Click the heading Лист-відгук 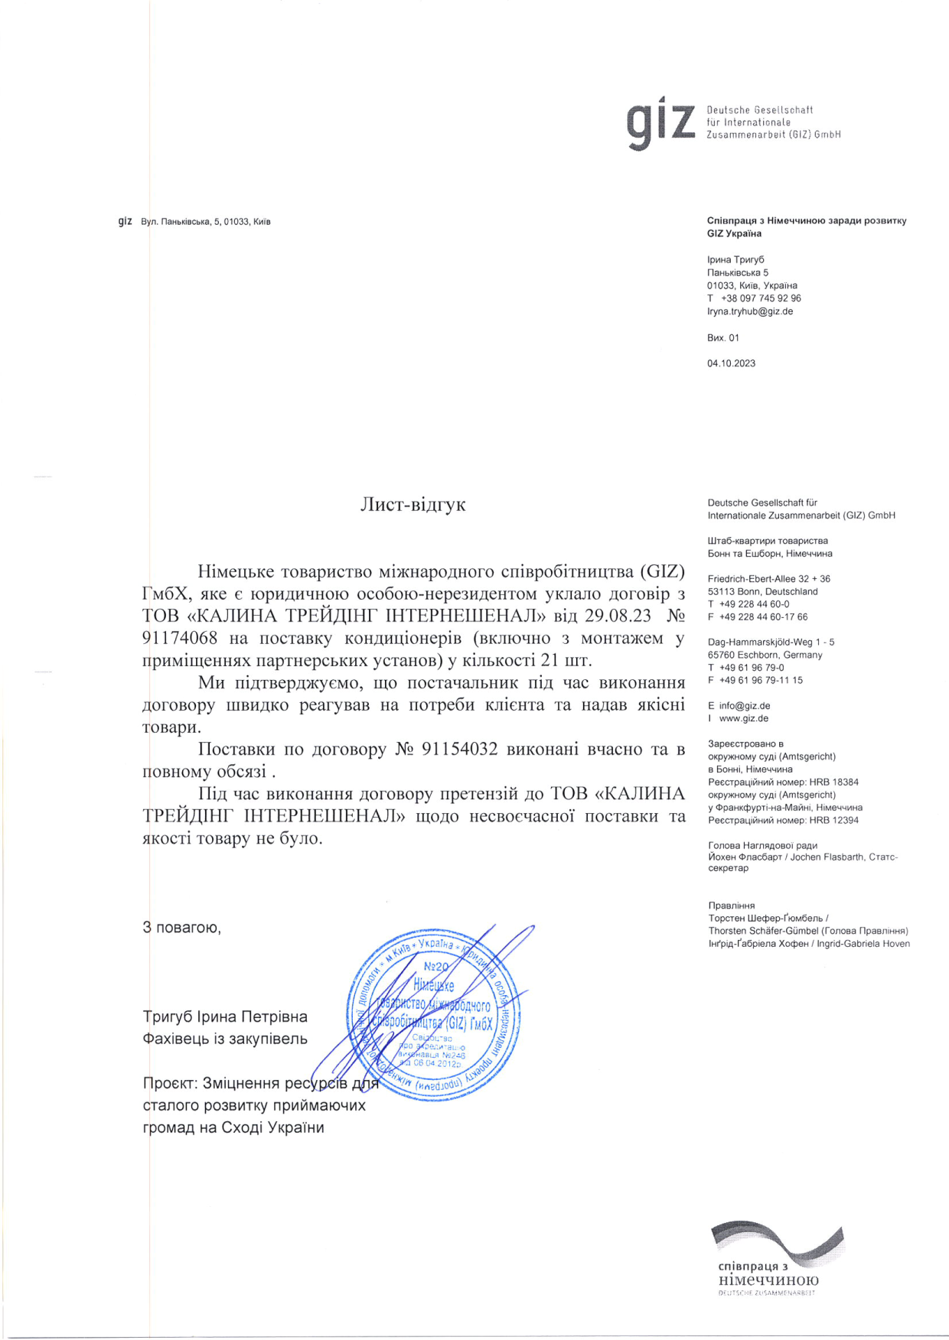tap(413, 505)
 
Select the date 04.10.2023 tap(731, 363)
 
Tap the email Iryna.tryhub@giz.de tap(749, 311)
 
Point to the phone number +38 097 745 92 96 tap(761, 298)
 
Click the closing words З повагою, tap(181, 928)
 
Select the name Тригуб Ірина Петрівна tap(225, 1016)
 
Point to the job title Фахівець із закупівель tap(225, 1039)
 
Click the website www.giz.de tap(743, 718)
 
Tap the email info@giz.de tap(744, 706)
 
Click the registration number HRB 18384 tap(833, 782)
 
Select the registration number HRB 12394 tap(833, 820)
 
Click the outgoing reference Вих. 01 tap(723, 337)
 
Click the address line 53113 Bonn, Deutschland tap(762, 591)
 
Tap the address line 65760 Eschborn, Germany tap(765, 655)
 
